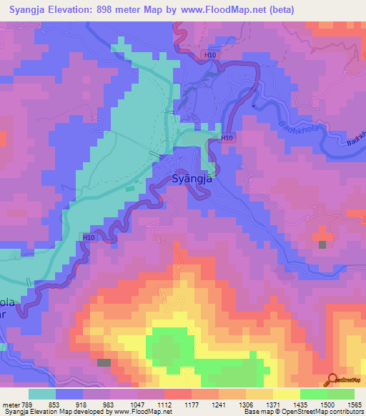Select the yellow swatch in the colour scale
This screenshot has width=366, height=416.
(x=286, y=394)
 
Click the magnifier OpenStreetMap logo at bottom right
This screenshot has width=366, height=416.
(x=331, y=379)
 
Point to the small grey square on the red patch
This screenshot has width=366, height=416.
(x=322, y=244)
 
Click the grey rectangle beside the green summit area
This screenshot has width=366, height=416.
(x=104, y=363)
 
